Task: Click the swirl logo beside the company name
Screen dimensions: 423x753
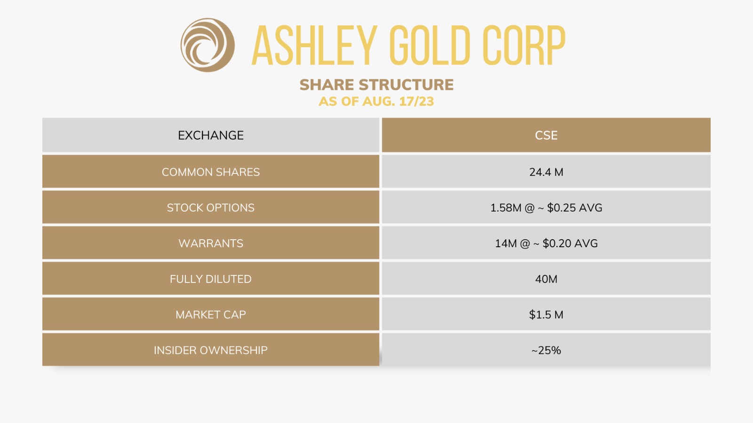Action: (x=208, y=45)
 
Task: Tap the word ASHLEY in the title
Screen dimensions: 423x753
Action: (x=314, y=46)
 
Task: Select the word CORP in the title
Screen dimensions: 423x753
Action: (x=523, y=46)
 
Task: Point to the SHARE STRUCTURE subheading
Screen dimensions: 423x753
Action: (x=376, y=85)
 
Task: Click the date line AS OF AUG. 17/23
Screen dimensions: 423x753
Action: (x=376, y=101)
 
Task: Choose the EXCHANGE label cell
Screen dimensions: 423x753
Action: (x=211, y=135)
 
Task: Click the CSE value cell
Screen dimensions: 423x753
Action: (x=546, y=135)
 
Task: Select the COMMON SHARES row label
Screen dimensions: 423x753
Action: (x=211, y=172)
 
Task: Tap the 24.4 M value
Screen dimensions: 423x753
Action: (x=546, y=172)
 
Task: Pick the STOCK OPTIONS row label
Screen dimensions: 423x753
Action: (x=211, y=208)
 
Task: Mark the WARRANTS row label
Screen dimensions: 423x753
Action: (x=211, y=243)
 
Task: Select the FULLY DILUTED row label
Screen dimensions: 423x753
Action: (x=211, y=279)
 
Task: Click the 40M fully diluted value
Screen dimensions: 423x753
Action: (x=546, y=279)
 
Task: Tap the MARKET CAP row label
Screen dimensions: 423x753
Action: (x=211, y=315)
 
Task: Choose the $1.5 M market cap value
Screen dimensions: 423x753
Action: (x=546, y=315)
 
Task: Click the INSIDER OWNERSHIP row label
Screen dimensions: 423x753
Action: (x=211, y=350)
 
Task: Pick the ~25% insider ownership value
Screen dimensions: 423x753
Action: (x=546, y=350)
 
